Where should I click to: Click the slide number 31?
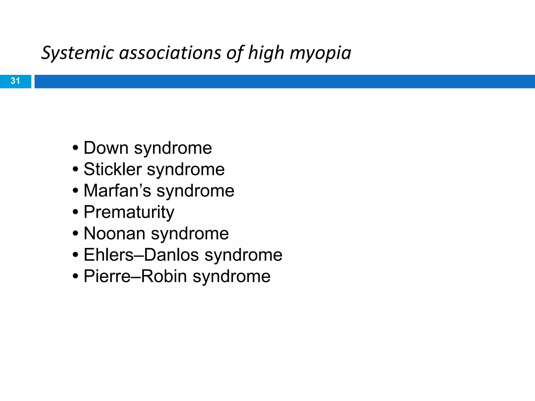point(15,81)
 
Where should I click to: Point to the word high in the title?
point(266,53)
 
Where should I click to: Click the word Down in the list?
point(106,148)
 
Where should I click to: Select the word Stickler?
point(112,169)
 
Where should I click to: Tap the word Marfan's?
point(117,191)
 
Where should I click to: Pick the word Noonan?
point(114,233)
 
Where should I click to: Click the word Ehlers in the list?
point(108,255)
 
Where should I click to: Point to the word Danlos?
point(171,255)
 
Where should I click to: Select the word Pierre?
point(107,276)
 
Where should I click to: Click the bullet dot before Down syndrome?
point(75,148)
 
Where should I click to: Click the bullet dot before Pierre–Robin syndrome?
point(75,276)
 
